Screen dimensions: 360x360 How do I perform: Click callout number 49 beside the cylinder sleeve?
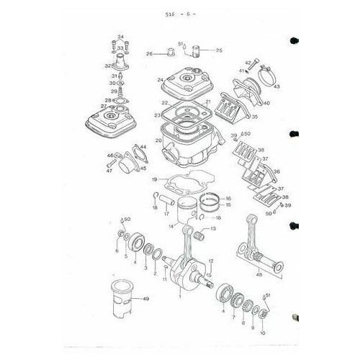(x=145, y=299)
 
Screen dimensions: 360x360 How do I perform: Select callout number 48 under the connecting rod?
(x=260, y=273)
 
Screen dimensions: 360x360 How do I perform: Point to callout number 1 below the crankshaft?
(x=180, y=296)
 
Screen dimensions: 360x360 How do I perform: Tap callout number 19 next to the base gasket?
(x=154, y=179)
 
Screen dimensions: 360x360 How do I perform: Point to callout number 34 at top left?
(x=120, y=37)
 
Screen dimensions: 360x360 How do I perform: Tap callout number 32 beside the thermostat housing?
(x=107, y=65)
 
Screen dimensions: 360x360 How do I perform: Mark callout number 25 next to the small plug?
(x=220, y=50)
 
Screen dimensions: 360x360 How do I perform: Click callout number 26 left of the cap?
(x=149, y=53)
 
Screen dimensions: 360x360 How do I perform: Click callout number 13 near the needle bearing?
(x=213, y=228)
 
